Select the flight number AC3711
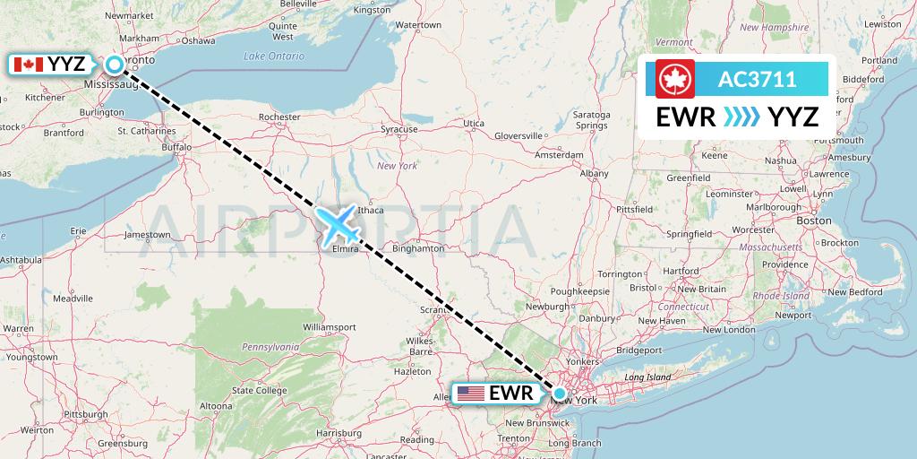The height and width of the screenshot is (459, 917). [x=757, y=79]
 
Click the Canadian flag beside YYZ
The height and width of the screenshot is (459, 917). [x=29, y=65]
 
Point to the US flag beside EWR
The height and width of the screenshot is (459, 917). [x=469, y=393]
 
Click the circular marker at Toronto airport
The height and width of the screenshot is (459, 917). [x=116, y=65]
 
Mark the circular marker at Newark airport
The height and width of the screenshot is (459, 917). [x=560, y=393]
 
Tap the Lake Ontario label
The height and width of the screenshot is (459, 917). [x=274, y=56]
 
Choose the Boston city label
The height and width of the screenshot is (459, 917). [x=814, y=220]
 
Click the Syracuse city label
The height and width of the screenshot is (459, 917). [x=399, y=129]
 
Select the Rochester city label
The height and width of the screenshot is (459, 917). [x=279, y=117]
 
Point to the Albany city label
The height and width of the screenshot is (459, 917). [x=594, y=173]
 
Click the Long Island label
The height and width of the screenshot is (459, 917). [x=647, y=377]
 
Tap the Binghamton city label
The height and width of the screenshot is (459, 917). [x=417, y=248]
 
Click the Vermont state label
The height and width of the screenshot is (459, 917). [x=673, y=42]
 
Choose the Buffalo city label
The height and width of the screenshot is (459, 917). [x=176, y=146]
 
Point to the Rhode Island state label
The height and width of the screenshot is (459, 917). [x=780, y=296]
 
